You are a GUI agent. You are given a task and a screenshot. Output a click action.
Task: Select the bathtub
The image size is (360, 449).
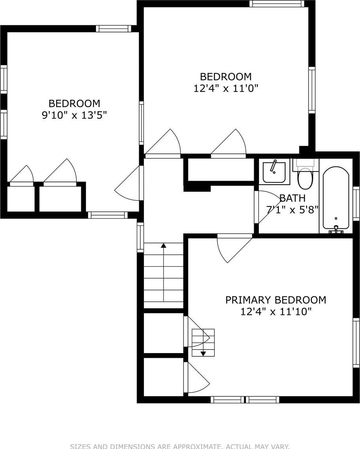(x=336, y=198)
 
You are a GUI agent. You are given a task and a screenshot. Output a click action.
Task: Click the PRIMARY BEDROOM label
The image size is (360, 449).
(x=276, y=300)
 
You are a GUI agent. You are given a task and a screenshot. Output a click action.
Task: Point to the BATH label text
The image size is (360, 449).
(x=292, y=198)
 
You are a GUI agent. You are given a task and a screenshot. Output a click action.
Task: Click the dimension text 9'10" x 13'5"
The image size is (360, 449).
(x=74, y=116)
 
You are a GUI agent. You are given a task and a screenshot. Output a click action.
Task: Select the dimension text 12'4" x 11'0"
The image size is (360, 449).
(x=226, y=88)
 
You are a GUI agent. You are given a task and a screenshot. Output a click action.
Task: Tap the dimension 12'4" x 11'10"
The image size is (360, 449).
(x=276, y=312)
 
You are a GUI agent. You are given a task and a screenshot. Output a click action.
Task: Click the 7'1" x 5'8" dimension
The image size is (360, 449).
(x=292, y=210)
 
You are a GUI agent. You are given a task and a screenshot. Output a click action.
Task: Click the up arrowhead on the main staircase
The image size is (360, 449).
(x=163, y=246)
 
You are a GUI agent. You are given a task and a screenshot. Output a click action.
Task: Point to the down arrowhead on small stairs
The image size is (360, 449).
(x=203, y=353)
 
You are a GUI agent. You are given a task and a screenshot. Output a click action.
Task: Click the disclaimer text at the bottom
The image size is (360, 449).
(x=180, y=446)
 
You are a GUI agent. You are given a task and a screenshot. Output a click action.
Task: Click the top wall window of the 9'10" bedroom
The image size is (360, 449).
(x=113, y=29)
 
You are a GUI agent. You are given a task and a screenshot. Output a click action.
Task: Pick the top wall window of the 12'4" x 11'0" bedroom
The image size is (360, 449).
(x=277, y=4)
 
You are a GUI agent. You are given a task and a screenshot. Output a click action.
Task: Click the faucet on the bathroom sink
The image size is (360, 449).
(x=273, y=166)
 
